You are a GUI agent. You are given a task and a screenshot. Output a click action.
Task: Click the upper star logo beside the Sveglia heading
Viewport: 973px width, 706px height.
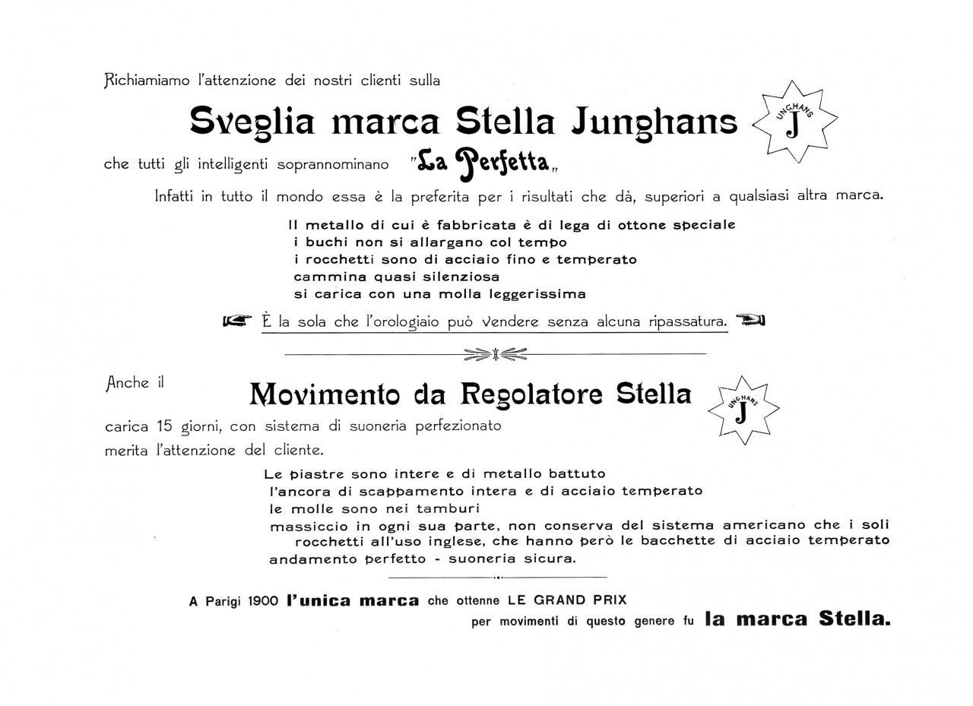coord(794,122)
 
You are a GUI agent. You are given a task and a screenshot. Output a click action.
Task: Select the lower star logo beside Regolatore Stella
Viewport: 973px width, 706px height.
coord(743,410)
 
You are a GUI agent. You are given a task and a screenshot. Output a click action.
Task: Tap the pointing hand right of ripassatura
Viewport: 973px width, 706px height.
coord(751,320)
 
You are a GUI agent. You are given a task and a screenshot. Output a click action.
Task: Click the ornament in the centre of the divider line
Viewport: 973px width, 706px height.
coord(495,353)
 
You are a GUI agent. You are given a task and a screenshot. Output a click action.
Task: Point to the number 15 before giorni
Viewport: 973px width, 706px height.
coord(166,426)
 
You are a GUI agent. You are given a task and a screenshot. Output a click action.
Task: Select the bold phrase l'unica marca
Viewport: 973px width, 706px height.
coord(353,601)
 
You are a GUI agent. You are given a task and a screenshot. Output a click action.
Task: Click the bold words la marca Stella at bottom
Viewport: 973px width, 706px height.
coord(797,619)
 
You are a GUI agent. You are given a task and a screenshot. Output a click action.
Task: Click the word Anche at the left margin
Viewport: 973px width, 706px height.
coord(127,383)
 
